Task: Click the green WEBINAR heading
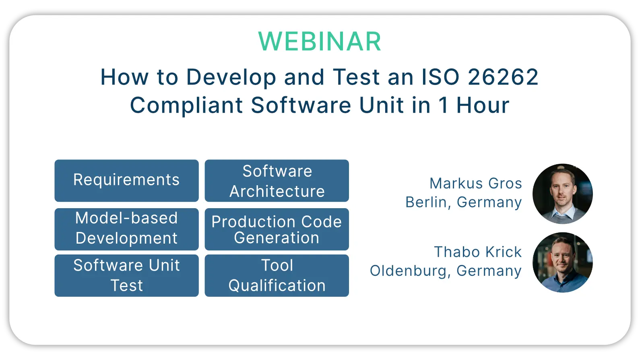320,41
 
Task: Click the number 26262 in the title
503,77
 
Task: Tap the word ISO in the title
440,77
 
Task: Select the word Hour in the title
483,105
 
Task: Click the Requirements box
126,181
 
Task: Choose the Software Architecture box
277,181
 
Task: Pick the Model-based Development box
126,229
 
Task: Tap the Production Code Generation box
277,229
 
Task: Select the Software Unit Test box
126,276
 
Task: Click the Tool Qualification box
277,276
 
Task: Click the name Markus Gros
476,183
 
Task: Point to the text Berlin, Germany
464,203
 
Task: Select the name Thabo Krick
478,252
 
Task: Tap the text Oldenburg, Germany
446,271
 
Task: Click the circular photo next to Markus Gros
563,194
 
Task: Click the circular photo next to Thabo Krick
563,262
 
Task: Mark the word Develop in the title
231,78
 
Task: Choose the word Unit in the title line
382,105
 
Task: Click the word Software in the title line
301,105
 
